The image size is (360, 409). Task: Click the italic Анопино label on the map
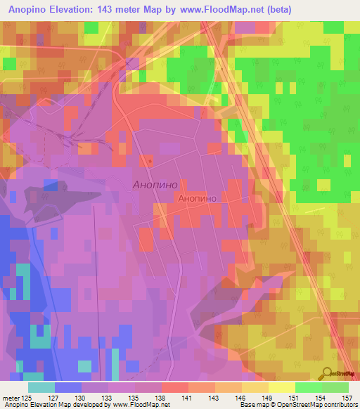coord(155,185)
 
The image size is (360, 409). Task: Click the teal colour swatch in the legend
coord(41,387)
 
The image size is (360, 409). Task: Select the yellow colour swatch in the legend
coord(281,387)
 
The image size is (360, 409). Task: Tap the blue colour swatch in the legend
coord(67,387)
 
